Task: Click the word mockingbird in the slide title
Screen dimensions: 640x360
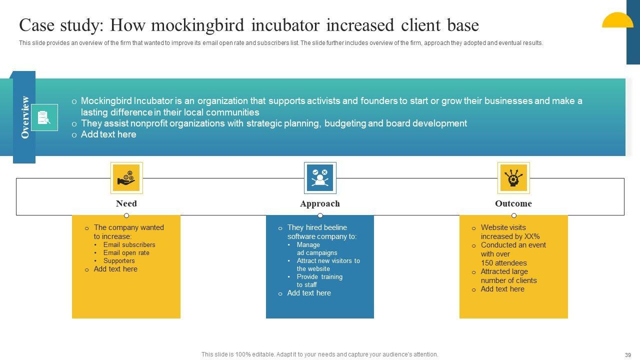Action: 197,25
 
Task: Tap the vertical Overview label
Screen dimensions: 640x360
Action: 25,117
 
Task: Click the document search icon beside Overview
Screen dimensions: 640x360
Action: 44,117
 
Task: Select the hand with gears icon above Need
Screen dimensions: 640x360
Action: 126,177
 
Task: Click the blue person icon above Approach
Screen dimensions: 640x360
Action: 320,177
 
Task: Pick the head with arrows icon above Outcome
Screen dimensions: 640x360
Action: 513,177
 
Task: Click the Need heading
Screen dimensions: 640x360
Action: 126,203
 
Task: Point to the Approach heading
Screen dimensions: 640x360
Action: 320,203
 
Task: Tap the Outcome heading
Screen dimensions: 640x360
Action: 513,203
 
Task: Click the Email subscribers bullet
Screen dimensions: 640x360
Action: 129,245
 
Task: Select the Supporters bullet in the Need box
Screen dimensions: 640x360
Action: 119,261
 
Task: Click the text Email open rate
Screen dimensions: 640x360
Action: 126,253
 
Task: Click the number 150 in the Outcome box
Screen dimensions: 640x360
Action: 487,263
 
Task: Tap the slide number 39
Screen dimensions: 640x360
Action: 628,355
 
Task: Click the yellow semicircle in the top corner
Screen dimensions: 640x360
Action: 617,20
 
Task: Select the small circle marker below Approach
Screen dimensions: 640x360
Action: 320,215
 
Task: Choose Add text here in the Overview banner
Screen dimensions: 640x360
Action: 108,134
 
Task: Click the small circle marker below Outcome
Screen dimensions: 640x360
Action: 514,215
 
